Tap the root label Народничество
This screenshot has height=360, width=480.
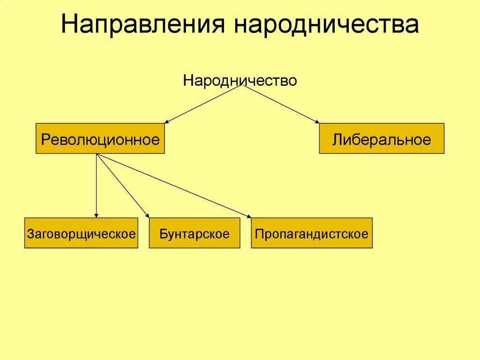pyautogui.click(x=240, y=81)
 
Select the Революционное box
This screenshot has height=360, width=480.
pyautogui.click(x=100, y=139)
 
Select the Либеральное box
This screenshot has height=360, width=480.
pyautogui.click(x=382, y=139)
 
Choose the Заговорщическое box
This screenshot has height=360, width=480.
pyautogui.click(x=81, y=233)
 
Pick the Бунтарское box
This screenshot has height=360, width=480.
pyautogui.click(x=194, y=233)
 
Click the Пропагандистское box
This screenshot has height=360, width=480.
pyautogui.click(x=312, y=233)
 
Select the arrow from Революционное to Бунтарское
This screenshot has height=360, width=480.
pyautogui.click(x=123, y=186)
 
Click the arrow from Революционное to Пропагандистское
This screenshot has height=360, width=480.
pyautogui.click(x=173, y=186)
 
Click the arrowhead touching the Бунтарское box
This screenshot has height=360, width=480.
pyautogui.click(x=147, y=216)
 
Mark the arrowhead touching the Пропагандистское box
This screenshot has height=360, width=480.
pyautogui.click(x=248, y=217)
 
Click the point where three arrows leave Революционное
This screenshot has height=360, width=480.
pyautogui.click(x=97, y=154)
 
